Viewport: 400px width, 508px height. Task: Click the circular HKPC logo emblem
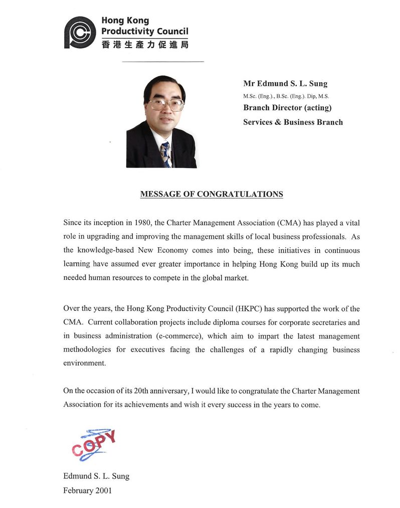click(x=80, y=33)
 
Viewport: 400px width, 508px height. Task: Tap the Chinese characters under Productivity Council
click(x=145, y=45)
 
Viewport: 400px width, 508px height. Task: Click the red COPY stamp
click(x=94, y=443)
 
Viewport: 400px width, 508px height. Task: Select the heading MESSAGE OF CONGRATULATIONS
click(x=212, y=194)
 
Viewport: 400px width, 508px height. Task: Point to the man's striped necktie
click(x=165, y=153)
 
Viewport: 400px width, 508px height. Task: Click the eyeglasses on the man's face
click(x=166, y=104)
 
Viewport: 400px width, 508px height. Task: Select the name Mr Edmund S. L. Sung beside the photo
click(x=285, y=84)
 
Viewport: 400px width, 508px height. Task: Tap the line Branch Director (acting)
click(x=287, y=108)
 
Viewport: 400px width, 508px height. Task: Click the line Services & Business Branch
click(x=293, y=122)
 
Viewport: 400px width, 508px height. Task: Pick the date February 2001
click(x=87, y=490)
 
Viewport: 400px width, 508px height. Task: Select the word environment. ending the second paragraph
click(x=85, y=363)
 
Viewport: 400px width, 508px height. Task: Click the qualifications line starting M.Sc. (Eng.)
click(x=286, y=96)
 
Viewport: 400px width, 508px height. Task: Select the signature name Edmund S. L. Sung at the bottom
click(x=96, y=476)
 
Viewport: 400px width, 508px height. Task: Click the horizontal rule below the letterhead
click(x=163, y=62)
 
